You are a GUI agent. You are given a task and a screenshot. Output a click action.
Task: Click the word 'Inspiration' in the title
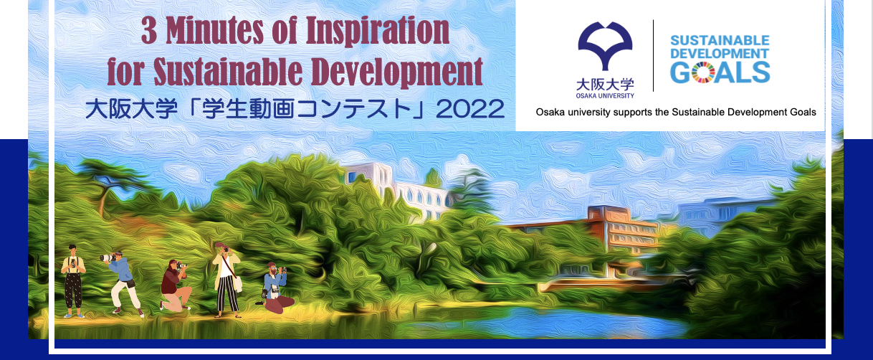click(x=377, y=32)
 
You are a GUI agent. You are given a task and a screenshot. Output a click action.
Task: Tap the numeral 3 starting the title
click(x=149, y=31)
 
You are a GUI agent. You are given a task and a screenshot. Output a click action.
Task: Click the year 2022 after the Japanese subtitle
click(x=470, y=109)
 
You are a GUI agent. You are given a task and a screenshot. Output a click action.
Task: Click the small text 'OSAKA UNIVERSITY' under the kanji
click(x=605, y=95)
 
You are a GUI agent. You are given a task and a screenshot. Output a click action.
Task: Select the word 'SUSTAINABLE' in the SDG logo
click(x=720, y=41)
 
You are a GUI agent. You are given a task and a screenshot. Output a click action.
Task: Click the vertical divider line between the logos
click(x=653, y=56)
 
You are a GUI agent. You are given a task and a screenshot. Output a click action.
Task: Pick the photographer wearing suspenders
click(x=73, y=281)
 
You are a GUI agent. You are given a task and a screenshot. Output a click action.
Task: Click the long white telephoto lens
click(x=107, y=257)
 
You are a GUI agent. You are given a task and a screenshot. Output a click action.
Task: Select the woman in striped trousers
click(x=226, y=280)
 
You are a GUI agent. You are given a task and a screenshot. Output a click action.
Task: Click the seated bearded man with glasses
click(x=275, y=288)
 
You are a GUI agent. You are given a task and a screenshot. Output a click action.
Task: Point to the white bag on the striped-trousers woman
click(x=238, y=284)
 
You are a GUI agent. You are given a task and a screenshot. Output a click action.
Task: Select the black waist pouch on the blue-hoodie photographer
click(x=130, y=283)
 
